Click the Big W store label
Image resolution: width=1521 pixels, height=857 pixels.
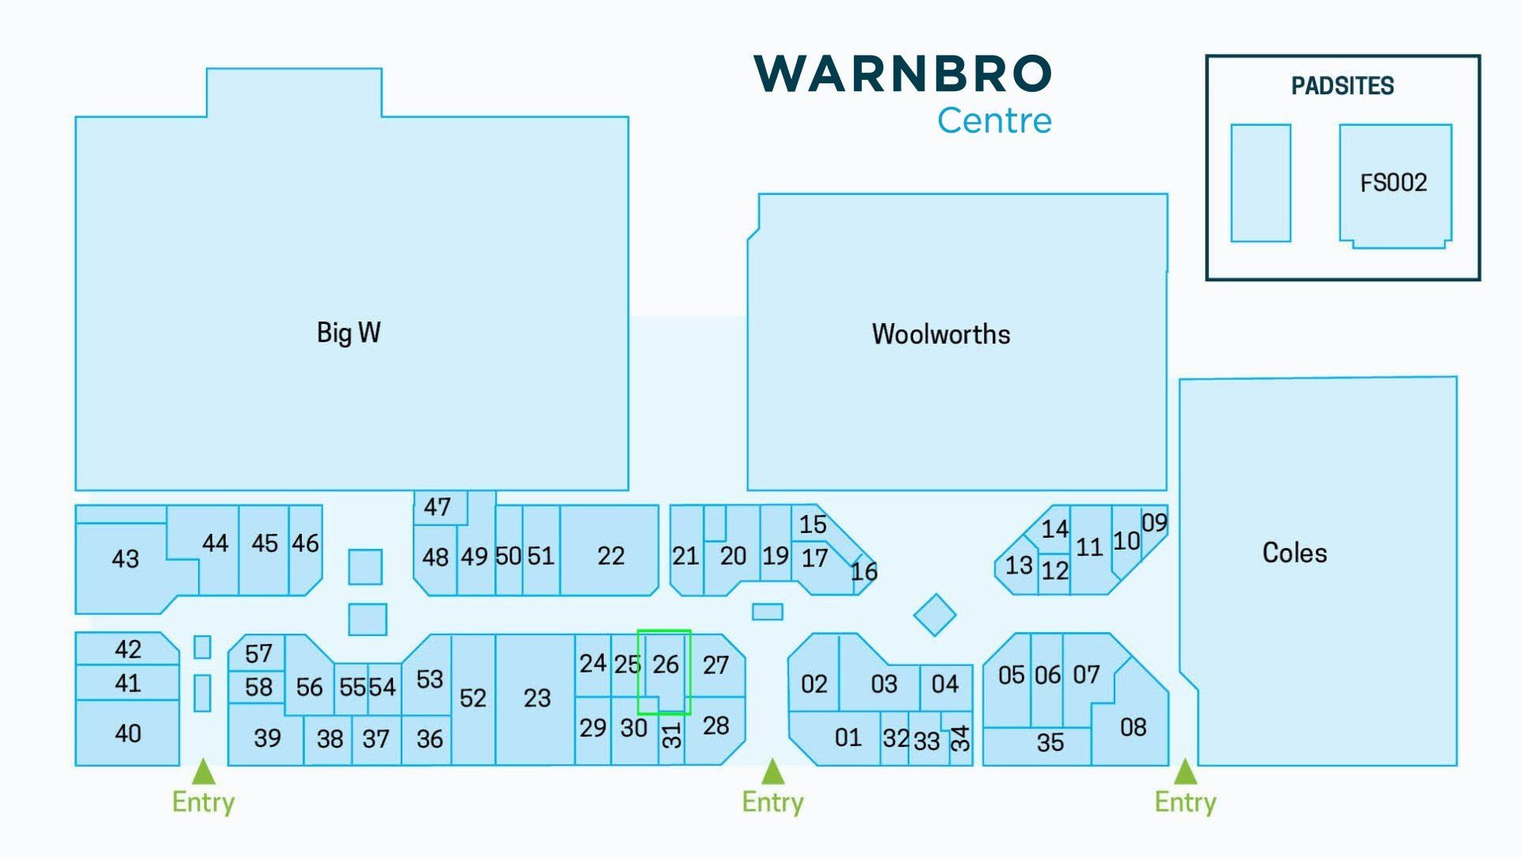tap(349, 333)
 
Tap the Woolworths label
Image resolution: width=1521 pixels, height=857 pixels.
tap(941, 334)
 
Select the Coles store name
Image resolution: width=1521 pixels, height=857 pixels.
tap(1294, 553)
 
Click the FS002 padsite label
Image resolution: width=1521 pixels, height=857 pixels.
tap(1393, 183)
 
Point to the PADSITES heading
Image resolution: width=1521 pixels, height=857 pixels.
tap(1343, 86)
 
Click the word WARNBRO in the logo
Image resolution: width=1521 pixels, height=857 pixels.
tap(903, 74)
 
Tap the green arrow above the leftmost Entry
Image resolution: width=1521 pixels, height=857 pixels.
tap(204, 771)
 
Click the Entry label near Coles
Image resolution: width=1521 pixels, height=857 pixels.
tap(1185, 802)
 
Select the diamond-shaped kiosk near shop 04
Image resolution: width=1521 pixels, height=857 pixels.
tap(935, 615)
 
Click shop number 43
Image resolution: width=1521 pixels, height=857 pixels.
tap(125, 559)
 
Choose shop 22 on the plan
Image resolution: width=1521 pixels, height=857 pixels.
tap(611, 556)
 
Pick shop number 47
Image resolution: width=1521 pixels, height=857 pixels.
tap(436, 507)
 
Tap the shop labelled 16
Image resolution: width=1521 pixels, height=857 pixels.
tap(863, 571)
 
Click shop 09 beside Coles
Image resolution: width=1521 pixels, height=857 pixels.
tap(1154, 523)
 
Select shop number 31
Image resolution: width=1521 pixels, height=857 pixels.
tap(671, 736)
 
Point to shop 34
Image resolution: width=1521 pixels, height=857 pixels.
tap(960, 738)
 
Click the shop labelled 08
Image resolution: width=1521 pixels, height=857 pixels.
tap(1133, 727)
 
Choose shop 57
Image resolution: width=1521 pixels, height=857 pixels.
tap(258, 653)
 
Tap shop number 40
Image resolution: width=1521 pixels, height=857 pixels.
tap(128, 733)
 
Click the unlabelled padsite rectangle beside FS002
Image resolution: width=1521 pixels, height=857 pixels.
tap(1260, 183)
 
